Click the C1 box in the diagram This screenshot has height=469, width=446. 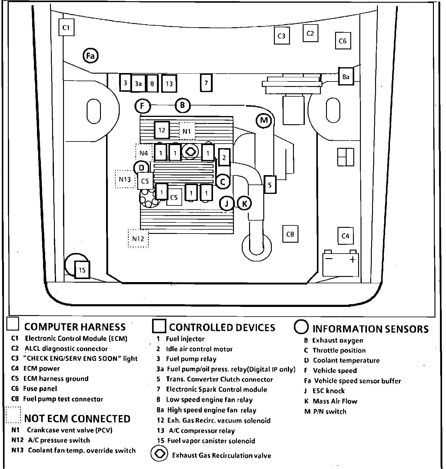coord(66,28)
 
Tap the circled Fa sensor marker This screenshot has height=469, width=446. coord(91,55)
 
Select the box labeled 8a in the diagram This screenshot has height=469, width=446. coord(346,77)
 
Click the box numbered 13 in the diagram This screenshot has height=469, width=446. coord(169,83)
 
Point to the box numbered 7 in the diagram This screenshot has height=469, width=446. coord(206,82)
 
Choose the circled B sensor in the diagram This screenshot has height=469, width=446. coord(182,105)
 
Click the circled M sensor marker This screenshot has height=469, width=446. coord(264,120)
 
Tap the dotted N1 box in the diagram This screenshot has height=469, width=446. coord(187,131)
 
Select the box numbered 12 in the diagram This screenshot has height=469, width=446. coord(162,130)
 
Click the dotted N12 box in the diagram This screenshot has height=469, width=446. coord(138,238)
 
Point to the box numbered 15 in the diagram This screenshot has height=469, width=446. coord(82,270)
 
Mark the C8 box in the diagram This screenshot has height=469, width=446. coord(290,234)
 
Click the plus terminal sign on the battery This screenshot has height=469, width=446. coord(352,260)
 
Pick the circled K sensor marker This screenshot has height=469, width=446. coord(245,204)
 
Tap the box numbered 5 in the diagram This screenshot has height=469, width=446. coord(270,185)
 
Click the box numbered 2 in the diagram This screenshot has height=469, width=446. coord(224,157)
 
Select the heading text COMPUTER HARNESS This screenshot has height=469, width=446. coord(75,327)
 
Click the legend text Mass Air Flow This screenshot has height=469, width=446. coord(335,401)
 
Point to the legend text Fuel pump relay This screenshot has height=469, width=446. coord(191,359)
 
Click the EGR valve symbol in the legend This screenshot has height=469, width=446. coord(159,454)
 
